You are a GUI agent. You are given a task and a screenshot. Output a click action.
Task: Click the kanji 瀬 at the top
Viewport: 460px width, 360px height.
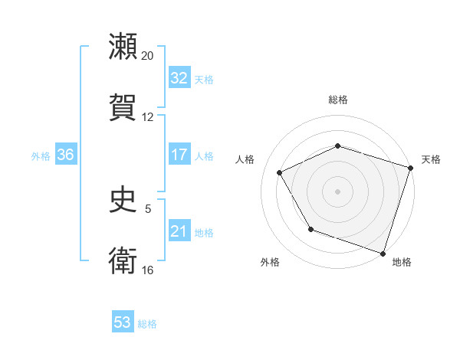(123, 47)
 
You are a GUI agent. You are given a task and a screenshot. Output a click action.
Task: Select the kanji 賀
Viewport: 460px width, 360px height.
(123, 106)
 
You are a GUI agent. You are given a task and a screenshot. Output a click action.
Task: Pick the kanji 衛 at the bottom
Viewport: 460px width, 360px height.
(123, 260)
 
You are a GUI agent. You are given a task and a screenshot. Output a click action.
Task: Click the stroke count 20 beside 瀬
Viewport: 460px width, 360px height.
(148, 56)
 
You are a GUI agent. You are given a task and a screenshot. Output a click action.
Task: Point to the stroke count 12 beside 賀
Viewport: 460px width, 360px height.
(148, 116)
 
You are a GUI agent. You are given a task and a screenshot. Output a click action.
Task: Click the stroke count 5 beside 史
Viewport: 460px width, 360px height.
(148, 208)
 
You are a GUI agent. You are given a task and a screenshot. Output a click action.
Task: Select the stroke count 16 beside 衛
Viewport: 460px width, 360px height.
(148, 270)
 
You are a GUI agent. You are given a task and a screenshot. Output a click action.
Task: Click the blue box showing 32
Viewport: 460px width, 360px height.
(179, 78)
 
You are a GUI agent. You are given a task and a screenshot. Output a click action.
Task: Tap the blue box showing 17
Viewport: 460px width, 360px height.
(179, 155)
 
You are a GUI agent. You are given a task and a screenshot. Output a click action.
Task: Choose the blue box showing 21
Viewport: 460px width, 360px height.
(179, 231)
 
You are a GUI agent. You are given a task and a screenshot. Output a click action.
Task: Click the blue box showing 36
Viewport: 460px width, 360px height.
(66, 155)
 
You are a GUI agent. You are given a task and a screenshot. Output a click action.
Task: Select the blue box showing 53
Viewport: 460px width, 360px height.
(123, 322)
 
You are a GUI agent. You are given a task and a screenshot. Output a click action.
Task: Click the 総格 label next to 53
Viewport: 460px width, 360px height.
(147, 324)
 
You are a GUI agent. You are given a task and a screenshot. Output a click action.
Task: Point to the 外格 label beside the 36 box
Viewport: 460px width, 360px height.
(41, 155)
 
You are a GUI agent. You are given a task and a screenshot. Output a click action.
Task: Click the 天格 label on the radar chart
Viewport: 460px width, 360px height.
(431, 159)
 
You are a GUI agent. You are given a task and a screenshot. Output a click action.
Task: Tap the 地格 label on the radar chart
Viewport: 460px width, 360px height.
(402, 262)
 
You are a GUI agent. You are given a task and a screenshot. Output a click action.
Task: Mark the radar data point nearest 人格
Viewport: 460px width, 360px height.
(280, 173)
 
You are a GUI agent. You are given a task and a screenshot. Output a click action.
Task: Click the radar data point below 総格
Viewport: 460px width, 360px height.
(337, 146)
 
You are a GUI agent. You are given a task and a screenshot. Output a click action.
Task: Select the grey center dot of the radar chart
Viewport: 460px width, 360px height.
(337, 191)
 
